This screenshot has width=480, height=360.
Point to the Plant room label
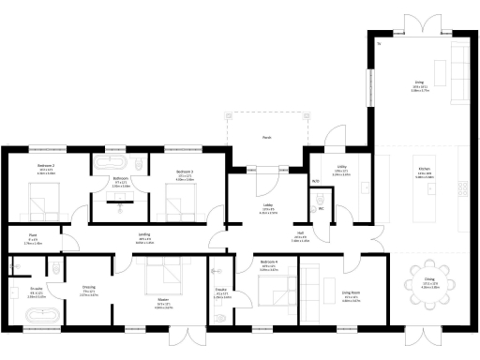[x=32, y=239]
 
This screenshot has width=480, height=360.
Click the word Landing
[x=145, y=236]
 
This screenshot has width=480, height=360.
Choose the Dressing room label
[x=89, y=289]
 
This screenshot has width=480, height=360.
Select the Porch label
[x=266, y=137]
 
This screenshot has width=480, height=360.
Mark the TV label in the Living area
[x=379, y=44]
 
